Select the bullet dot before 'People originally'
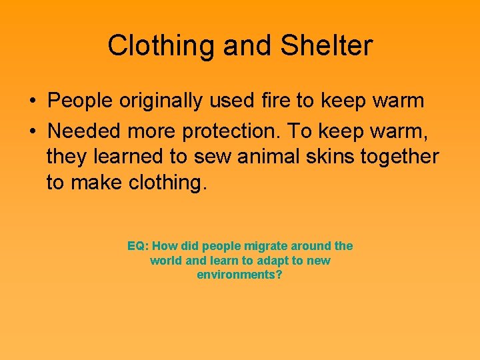point(32,102)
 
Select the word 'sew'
point(210,156)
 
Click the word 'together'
point(400,156)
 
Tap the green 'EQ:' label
point(138,246)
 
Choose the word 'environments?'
point(240,275)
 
